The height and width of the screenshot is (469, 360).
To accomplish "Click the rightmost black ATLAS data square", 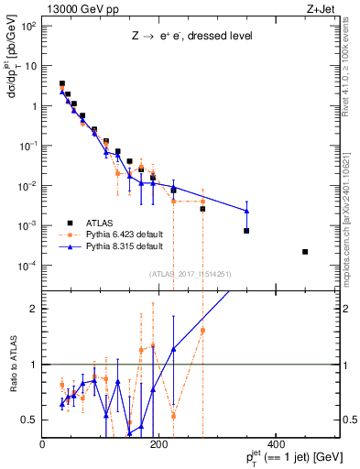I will (305, 252).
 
